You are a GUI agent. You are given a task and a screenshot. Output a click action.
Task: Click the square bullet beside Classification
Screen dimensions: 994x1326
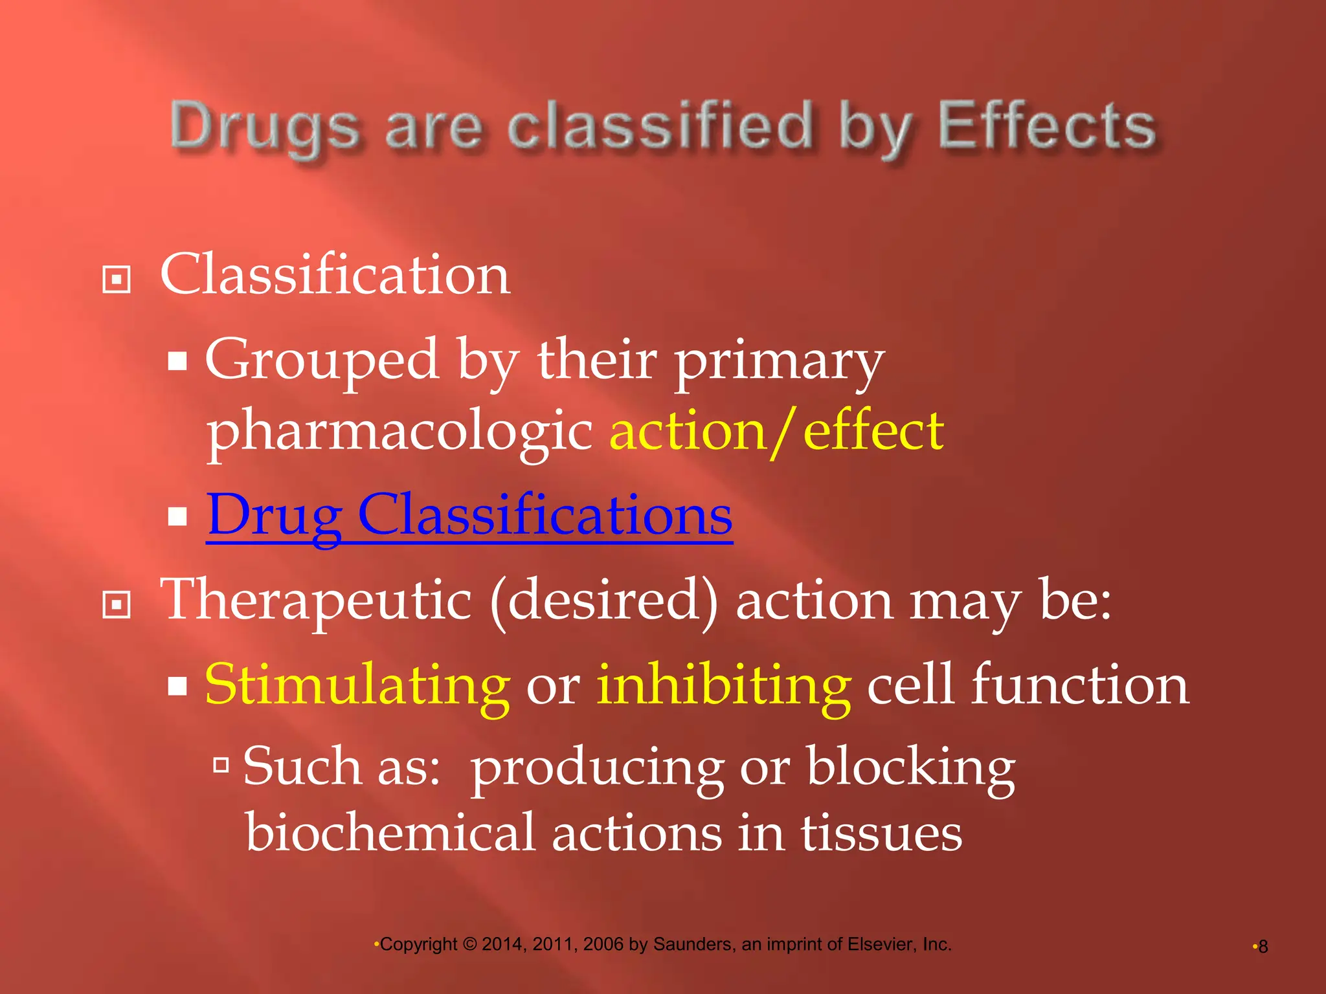tap(117, 280)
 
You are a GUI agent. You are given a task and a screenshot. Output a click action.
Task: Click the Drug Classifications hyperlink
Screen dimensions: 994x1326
tap(469, 515)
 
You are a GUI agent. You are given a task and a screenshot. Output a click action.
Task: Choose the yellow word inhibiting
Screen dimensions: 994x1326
tap(723, 685)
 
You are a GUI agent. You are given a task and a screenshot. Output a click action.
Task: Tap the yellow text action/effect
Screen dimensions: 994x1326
tap(776, 431)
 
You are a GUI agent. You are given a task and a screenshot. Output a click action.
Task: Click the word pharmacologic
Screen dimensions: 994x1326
tap(399, 432)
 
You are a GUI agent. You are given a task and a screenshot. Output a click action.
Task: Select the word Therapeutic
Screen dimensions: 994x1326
tap(315, 601)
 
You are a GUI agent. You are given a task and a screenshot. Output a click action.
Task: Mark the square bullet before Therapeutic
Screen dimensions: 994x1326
tap(117, 606)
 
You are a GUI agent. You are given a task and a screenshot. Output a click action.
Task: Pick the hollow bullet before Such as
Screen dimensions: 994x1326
tap(221, 765)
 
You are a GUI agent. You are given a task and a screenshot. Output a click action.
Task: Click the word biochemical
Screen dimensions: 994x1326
tap(390, 834)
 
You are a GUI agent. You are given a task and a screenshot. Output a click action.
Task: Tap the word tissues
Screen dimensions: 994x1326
tap(881, 834)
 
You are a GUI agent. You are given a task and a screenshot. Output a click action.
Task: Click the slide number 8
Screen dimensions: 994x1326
tap(1263, 947)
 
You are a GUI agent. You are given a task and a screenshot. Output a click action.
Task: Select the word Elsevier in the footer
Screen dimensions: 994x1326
tap(882, 944)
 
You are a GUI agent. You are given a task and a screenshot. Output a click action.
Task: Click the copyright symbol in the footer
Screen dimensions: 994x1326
tap(470, 945)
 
